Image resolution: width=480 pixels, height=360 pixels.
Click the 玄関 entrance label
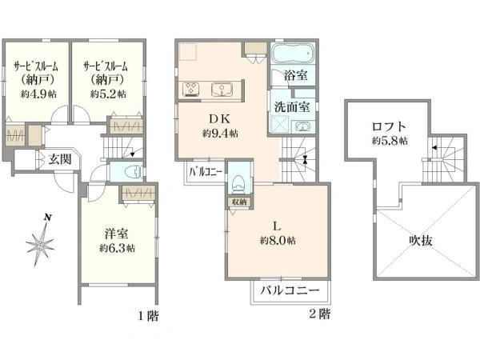coord(59,159)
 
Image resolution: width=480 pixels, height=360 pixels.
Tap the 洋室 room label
coord(117,234)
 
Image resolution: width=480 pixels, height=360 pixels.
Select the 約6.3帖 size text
coord(117,248)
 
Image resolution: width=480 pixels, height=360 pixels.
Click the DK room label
coord(220,119)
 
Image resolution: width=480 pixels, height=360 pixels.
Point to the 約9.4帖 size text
coord(220,134)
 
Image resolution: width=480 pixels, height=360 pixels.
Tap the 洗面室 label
coord(293,106)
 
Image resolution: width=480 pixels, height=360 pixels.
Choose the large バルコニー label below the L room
coord(291,291)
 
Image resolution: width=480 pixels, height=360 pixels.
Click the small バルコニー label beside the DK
coord(205,171)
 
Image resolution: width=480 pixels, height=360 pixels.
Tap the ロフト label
coord(389,126)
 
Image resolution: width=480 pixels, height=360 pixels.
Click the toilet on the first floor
coord(130,171)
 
